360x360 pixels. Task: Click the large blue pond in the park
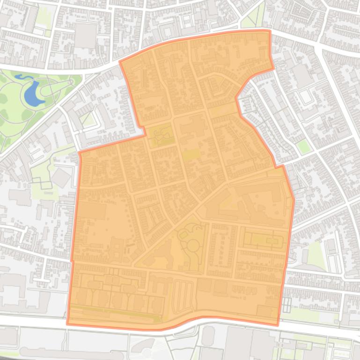[x=31, y=93]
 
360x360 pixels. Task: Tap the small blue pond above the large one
[x=21, y=77]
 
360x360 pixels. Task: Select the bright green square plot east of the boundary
[x=303, y=147]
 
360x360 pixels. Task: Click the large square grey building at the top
[x=85, y=36]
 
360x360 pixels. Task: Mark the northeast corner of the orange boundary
[x=270, y=31]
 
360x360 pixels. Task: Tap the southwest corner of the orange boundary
[x=68, y=324]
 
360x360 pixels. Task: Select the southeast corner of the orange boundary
[x=278, y=325]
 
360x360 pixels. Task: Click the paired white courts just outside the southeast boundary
[x=286, y=304]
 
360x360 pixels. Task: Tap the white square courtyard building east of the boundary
[x=307, y=97]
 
